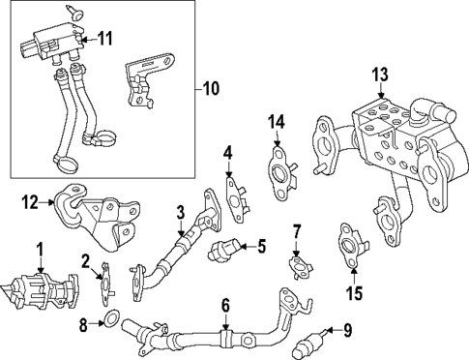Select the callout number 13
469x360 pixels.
[x=379, y=75]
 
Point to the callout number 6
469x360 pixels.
[x=225, y=307]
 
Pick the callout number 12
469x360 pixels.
[x=29, y=202]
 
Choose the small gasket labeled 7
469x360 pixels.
[x=299, y=264]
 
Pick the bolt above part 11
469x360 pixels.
[x=75, y=12]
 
